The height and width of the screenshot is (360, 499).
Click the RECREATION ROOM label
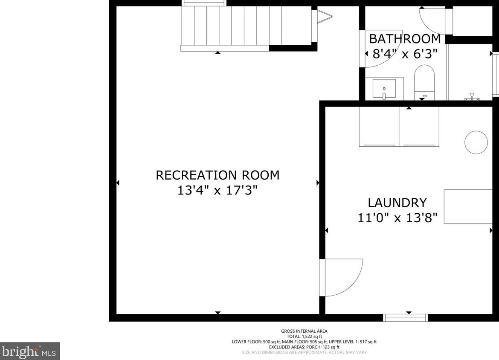(218, 175)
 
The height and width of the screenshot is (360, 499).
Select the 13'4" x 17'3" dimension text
(218, 190)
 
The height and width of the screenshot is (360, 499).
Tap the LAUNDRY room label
(397, 203)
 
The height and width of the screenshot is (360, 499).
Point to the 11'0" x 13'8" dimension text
(397, 218)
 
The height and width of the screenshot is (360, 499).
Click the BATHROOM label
(404, 39)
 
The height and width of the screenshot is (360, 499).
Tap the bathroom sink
(384, 89)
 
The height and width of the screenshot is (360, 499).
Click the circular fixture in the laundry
(476, 142)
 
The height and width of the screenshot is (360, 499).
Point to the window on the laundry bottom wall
(406, 317)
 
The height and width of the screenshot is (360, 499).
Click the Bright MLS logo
(30, 351)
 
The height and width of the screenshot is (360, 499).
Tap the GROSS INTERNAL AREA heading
(304, 331)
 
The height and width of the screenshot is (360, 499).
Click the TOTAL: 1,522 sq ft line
(304, 337)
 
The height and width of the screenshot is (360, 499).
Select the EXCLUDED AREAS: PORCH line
(304, 347)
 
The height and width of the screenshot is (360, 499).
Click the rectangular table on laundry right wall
(468, 206)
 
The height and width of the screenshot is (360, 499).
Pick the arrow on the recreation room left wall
(118, 183)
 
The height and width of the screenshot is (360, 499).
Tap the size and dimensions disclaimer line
(304, 352)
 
